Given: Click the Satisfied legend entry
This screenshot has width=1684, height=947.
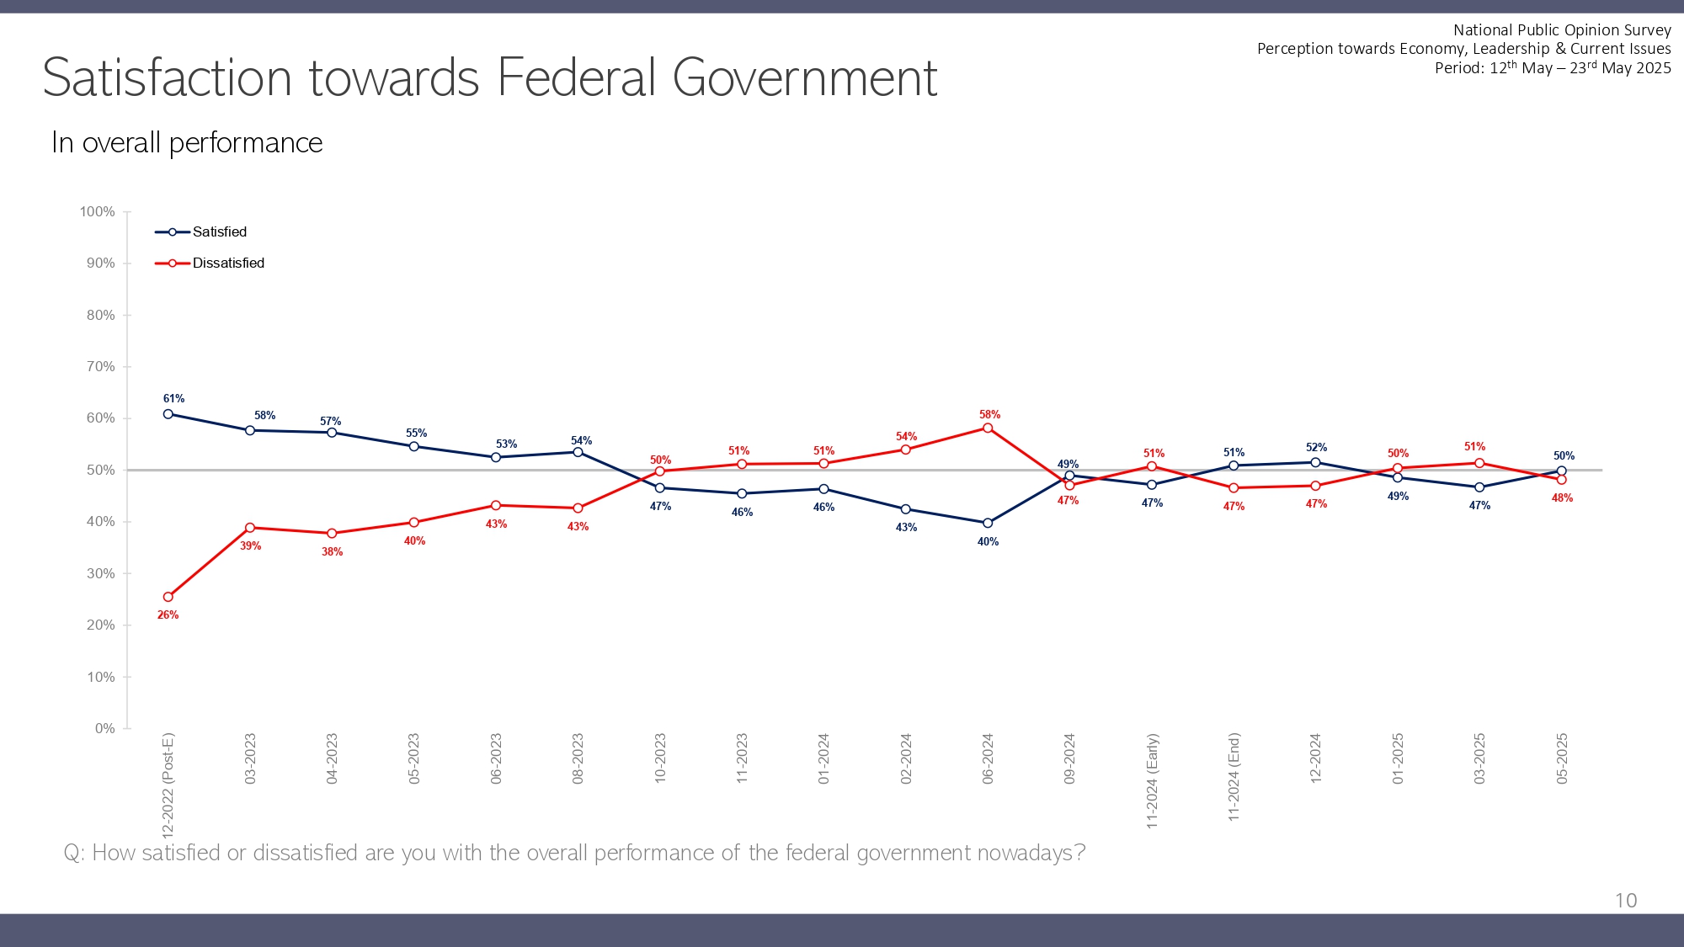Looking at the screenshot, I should point(219,232).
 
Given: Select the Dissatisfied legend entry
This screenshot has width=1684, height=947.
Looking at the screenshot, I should point(227,263).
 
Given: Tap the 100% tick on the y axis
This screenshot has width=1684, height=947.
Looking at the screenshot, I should point(98,212).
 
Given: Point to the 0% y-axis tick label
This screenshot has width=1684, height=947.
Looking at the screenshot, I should point(104,729).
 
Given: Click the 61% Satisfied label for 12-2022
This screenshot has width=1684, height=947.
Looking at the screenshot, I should point(173,399).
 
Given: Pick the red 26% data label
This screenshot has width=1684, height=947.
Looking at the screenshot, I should point(168,615).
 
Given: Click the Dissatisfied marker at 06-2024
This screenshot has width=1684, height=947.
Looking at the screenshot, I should point(988,428).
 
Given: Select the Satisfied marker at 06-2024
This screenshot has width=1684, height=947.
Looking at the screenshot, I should point(988,523).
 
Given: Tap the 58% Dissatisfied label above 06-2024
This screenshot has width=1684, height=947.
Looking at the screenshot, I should point(989,415).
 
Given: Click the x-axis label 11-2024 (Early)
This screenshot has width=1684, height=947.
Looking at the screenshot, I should point(1152,781).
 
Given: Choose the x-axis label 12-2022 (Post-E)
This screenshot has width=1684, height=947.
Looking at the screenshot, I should point(168,785).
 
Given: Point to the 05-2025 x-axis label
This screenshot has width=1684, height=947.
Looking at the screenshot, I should point(1562,759).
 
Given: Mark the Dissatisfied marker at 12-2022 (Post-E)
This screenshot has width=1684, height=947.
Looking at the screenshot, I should point(168,597).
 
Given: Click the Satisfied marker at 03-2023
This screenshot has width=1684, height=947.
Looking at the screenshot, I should point(250,431).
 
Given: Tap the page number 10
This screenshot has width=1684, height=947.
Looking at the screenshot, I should point(1626,901).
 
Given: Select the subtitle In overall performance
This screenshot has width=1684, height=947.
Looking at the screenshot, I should point(187,143).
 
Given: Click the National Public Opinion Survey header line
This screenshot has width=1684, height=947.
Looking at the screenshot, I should point(1562,30).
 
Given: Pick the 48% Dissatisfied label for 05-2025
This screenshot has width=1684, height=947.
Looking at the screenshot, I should point(1562,498).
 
